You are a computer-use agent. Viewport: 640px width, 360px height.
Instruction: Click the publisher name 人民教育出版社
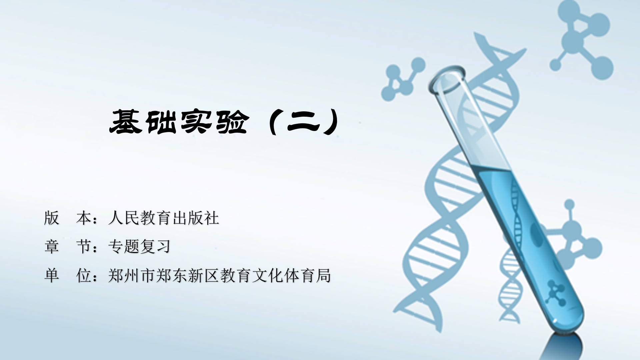click(x=164, y=218)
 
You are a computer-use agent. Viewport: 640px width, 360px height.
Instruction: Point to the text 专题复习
click(x=139, y=247)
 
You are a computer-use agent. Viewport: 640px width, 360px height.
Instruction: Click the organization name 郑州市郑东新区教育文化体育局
click(x=219, y=276)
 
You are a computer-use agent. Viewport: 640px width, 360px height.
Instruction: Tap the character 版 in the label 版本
click(x=52, y=218)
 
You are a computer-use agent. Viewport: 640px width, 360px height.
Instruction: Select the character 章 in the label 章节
click(x=52, y=247)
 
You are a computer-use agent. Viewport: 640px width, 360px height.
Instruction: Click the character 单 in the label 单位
click(x=52, y=276)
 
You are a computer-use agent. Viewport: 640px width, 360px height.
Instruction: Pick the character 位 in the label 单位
click(x=84, y=276)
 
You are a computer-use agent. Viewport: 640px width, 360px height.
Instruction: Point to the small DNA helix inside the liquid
click(x=517, y=213)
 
